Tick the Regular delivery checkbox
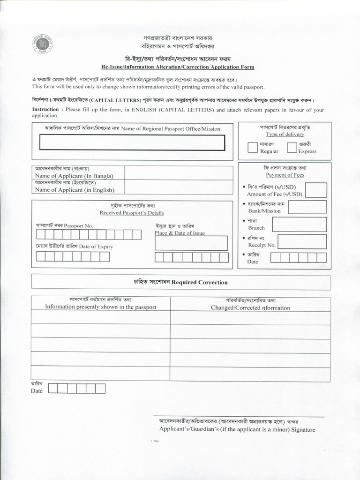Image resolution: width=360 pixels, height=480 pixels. coord(253,147)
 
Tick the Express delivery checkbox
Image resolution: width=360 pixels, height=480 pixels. coord(292,147)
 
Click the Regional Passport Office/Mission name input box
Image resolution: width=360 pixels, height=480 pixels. coord(132,142)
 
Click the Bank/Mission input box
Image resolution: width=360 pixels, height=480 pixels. coord(308,207)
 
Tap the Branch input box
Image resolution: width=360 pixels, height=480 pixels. coord(299,224)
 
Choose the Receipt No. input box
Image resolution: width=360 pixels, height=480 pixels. coord(302,241)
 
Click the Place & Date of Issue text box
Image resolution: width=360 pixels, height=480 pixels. coord(191,243)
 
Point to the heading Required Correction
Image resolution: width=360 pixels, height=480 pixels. coord(180,282)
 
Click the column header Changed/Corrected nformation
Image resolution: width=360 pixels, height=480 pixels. coord(250,307)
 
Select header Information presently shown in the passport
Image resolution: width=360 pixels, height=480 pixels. coord(100,307)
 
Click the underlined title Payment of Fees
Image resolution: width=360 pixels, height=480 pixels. coord(285,175)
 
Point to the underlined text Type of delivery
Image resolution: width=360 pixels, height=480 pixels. coord(285,134)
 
